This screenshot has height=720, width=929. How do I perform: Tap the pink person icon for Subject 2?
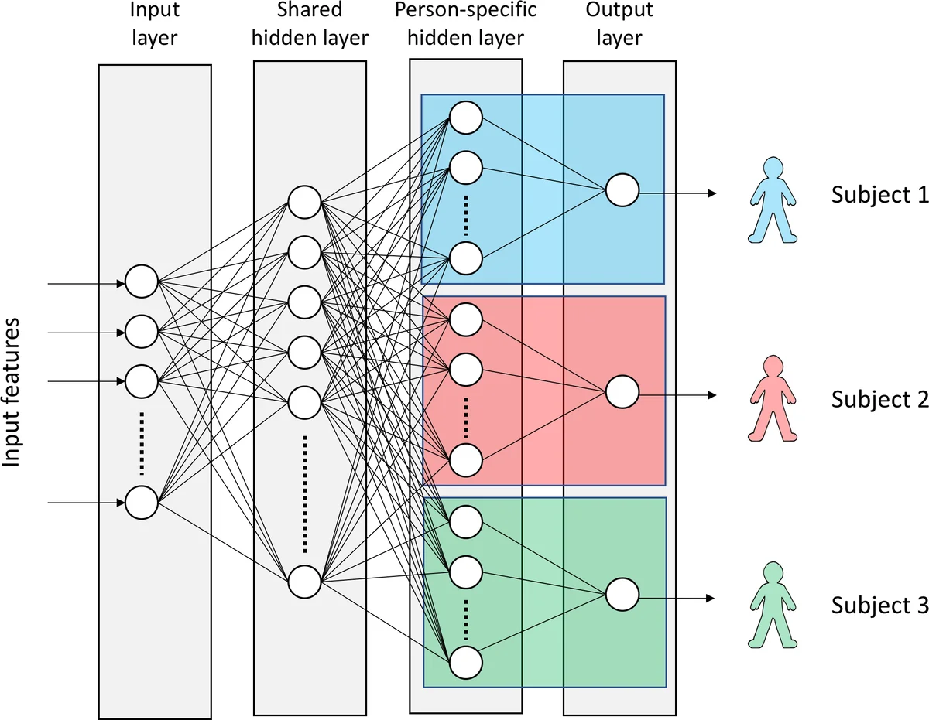[x=771, y=399]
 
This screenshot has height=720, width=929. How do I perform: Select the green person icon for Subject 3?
[x=771, y=605]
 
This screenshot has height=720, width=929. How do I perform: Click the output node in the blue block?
[x=622, y=190]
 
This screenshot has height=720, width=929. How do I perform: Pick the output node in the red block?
[x=622, y=393]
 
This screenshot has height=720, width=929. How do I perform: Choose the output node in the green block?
[x=622, y=595]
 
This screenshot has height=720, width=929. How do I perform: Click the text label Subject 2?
[x=879, y=400]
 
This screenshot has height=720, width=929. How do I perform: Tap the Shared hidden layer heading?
[x=310, y=24]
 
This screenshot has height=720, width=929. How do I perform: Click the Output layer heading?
[x=619, y=24]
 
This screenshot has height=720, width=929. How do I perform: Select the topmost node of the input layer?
[x=142, y=282]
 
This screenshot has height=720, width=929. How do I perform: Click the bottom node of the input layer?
[x=142, y=502]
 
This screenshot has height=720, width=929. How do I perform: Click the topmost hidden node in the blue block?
[x=467, y=118]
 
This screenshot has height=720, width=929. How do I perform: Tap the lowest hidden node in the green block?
[x=467, y=663]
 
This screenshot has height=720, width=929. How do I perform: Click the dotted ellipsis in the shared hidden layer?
[x=304, y=493]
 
